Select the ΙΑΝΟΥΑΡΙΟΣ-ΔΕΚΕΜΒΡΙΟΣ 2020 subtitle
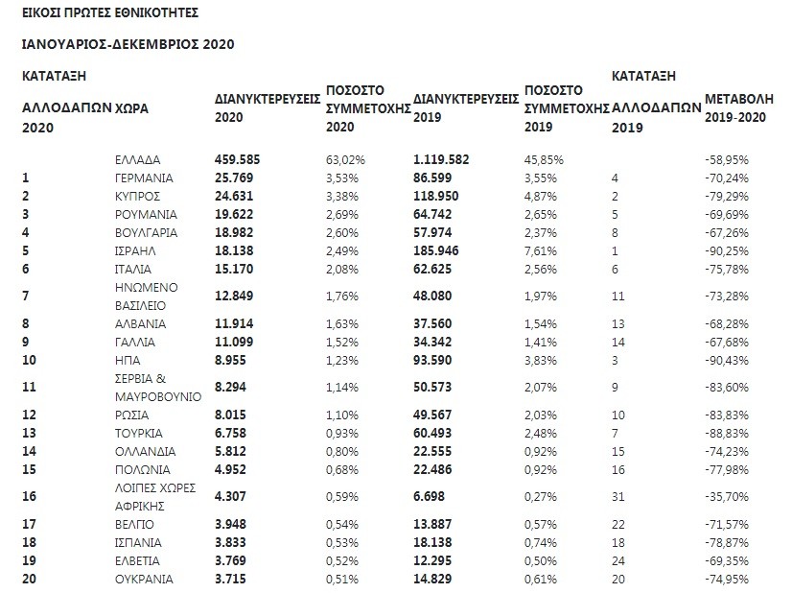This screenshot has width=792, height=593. click(127, 44)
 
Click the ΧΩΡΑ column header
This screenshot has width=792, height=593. click(131, 109)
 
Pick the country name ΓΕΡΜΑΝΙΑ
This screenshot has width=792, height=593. click(143, 178)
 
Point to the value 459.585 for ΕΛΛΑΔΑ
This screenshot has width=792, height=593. click(238, 158)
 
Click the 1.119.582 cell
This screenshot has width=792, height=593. click(449, 158)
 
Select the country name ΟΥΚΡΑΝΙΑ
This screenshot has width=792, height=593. click(144, 579)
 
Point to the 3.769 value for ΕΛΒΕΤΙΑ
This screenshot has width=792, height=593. click(232, 560)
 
